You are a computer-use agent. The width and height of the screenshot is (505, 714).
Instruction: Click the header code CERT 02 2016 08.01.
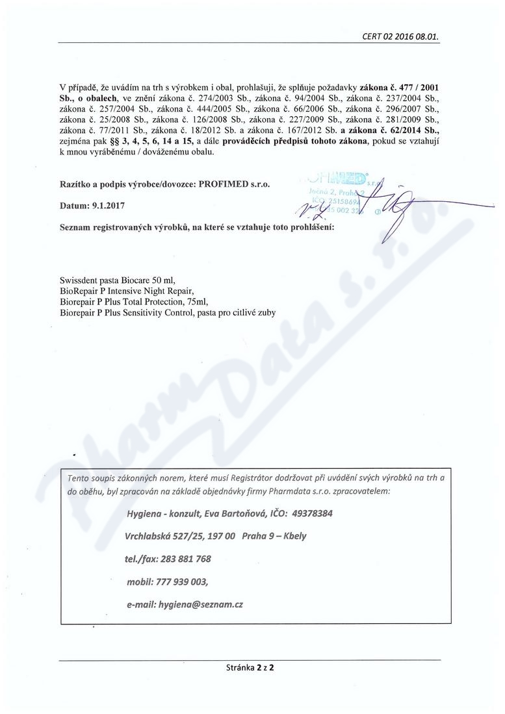[x=400, y=37]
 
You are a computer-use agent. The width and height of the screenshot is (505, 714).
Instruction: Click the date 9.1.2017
[x=107, y=205]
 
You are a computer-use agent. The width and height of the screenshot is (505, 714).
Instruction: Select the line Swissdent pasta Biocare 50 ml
[x=117, y=281]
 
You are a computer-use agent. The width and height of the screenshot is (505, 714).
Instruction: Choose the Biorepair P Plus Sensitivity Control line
[x=167, y=312]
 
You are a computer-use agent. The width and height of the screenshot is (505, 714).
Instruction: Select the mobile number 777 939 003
[x=183, y=581]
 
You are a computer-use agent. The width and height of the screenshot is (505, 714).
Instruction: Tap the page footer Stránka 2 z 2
[x=250, y=667]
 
